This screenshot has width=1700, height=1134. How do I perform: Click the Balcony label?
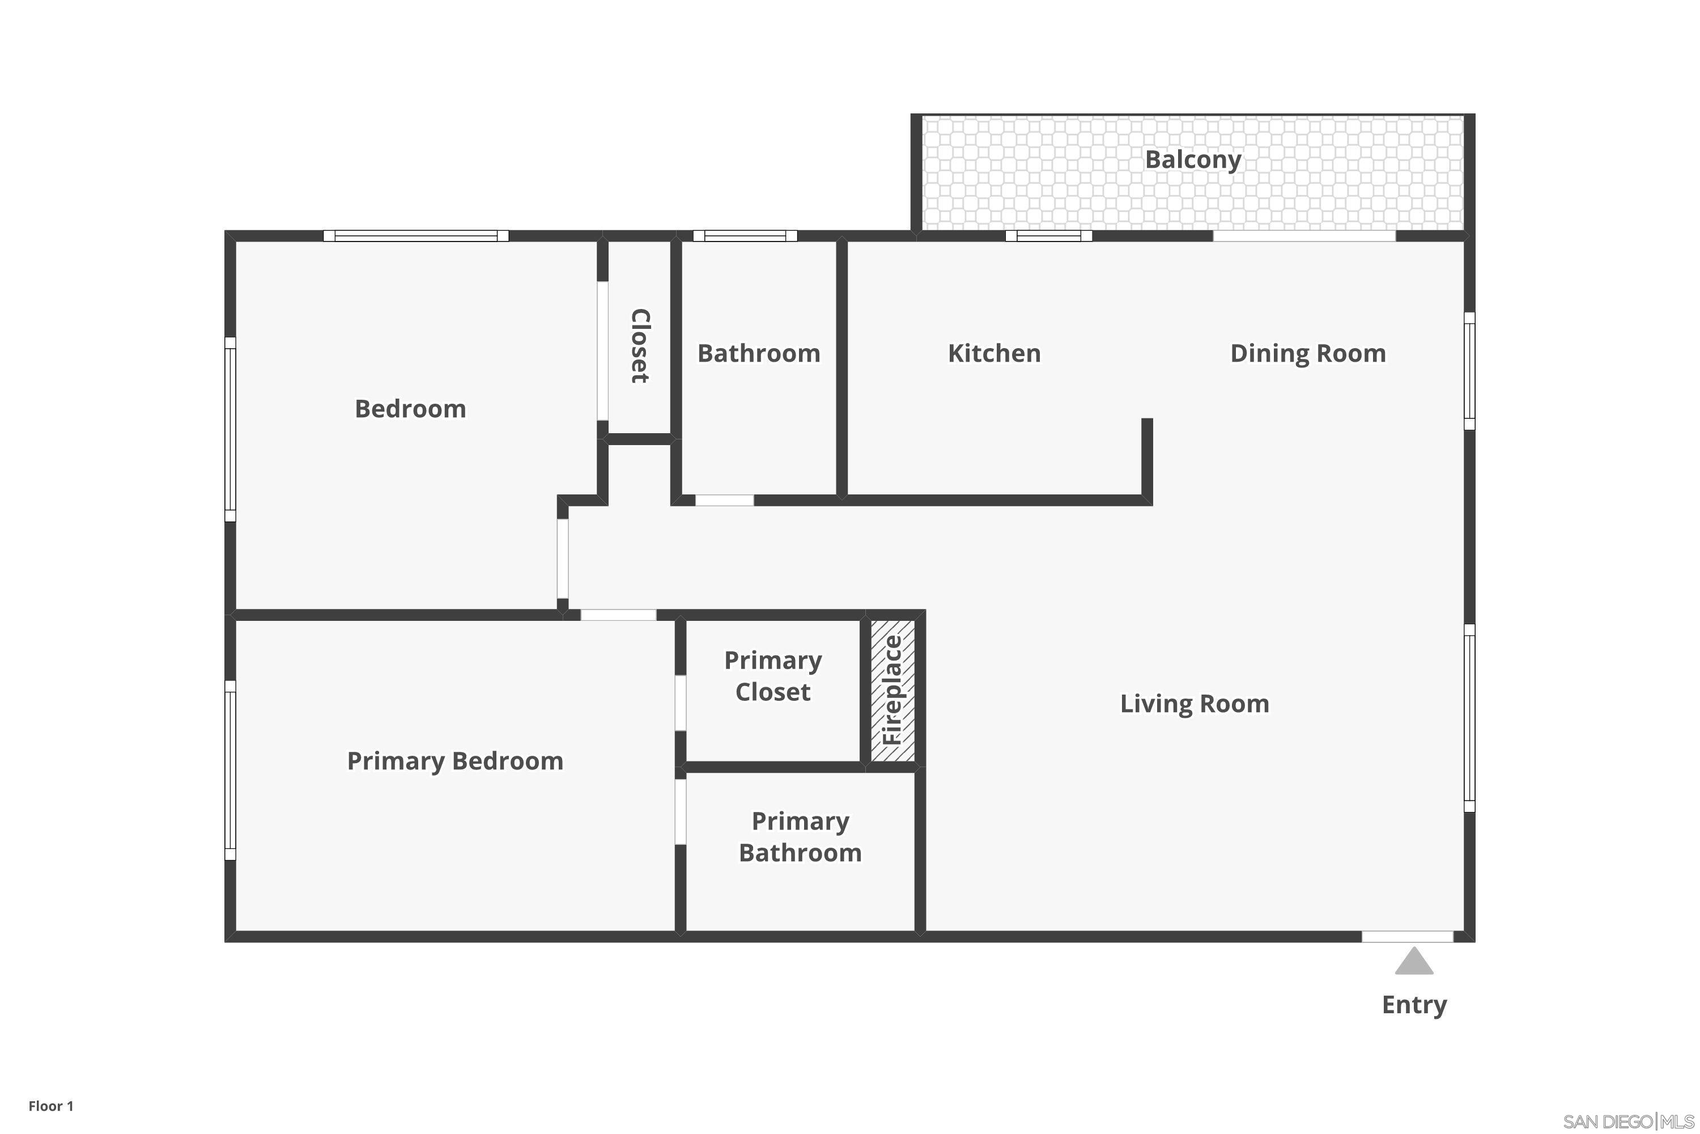click(1193, 160)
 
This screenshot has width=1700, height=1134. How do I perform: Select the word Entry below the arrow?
click(1414, 1005)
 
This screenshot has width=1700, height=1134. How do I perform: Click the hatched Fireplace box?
click(892, 690)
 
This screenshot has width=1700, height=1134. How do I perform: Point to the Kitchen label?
click(994, 354)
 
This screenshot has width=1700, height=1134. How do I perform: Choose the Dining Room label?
click(1307, 354)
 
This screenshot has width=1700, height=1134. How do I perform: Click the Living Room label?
click(1194, 704)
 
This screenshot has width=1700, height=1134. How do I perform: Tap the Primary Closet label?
click(773, 676)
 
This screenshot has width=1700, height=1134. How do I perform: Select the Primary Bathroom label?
click(800, 837)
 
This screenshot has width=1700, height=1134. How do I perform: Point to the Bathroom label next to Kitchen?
click(758, 354)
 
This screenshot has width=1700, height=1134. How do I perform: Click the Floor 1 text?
click(50, 1106)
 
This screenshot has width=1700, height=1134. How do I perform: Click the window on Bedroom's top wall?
click(415, 236)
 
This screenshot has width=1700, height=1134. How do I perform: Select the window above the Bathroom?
click(745, 236)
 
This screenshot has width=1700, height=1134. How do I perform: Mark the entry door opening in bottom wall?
click(1407, 937)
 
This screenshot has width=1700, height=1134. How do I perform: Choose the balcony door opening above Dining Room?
click(1304, 236)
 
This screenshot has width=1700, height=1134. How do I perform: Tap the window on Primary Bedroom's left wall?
click(230, 770)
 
